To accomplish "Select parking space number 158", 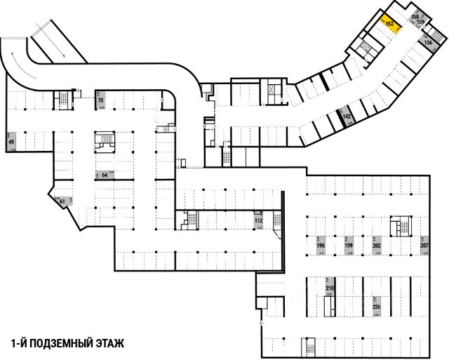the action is pos(414,17).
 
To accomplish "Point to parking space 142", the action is pos(346,115).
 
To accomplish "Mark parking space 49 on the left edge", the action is pos(11,142).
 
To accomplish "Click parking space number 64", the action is pos(104,175).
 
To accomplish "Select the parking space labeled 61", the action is pos(62,201).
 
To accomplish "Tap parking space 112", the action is pos(258,222).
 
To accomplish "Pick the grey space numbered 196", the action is pos(321,246).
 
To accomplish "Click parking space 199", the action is pos(348,246).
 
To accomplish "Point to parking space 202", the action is pos(376,246).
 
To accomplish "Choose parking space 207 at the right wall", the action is pos(424,246).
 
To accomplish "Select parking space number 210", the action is pos(330,288).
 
